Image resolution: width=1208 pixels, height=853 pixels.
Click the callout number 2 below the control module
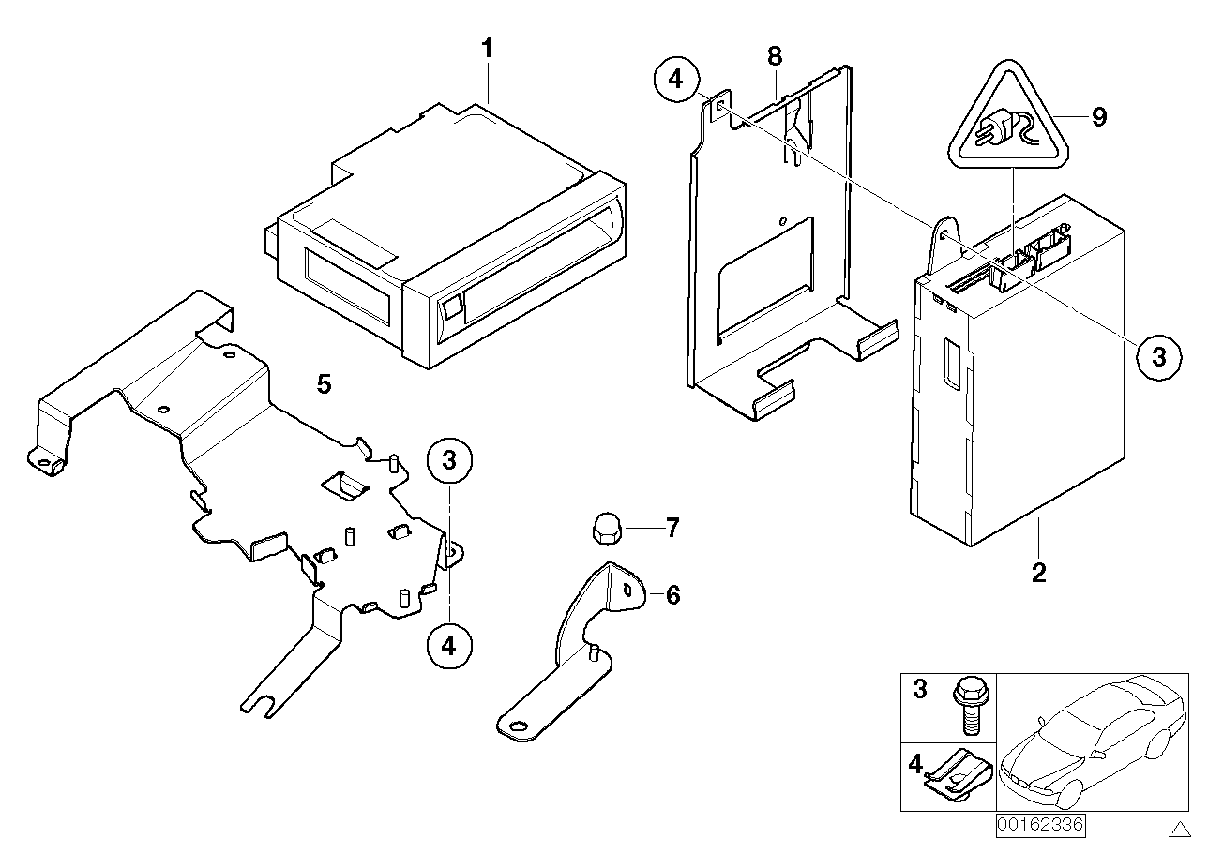1038,572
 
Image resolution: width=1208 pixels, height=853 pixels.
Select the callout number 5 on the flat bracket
324,383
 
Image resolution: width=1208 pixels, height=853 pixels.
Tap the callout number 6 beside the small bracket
672,594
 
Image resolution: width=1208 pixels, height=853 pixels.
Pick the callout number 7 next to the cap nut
672,529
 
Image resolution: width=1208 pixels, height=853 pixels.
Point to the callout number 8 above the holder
774,56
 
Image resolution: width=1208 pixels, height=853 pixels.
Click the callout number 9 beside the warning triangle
1098,117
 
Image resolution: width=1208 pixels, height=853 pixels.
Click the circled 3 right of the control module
1159,356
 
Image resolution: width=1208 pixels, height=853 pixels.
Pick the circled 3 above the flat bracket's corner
449,460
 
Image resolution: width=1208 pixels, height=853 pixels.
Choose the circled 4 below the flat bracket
449,646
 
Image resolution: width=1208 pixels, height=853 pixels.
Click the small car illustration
1088,741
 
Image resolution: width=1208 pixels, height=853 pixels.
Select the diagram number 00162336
1039,826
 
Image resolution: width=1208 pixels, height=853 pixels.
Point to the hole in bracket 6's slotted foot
515,726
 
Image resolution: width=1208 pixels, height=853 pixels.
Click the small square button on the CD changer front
453,306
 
